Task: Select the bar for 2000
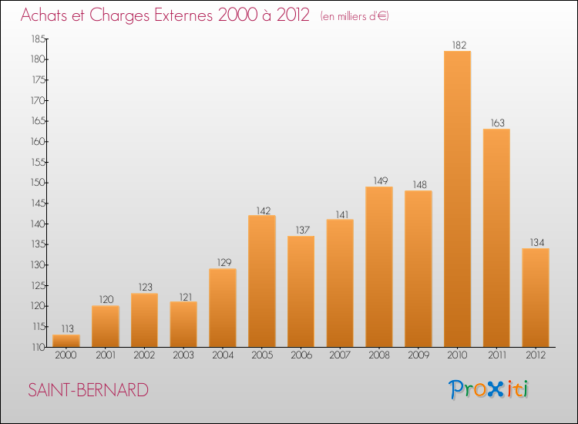click(x=66, y=341)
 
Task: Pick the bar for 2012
click(x=536, y=298)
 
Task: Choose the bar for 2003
click(x=183, y=324)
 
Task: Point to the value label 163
click(x=496, y=123)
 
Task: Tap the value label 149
click(x=379, y=181)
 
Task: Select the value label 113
click(x=66, y=328)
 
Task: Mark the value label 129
click(x=223, y=263)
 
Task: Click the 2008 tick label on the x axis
click(x=379, y=355)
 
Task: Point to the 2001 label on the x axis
click(x=106, y=355)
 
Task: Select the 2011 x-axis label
click(x=496, y=355)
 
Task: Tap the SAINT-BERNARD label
click(x=88, y=390)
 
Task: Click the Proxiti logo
click(x=489, y=389)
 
